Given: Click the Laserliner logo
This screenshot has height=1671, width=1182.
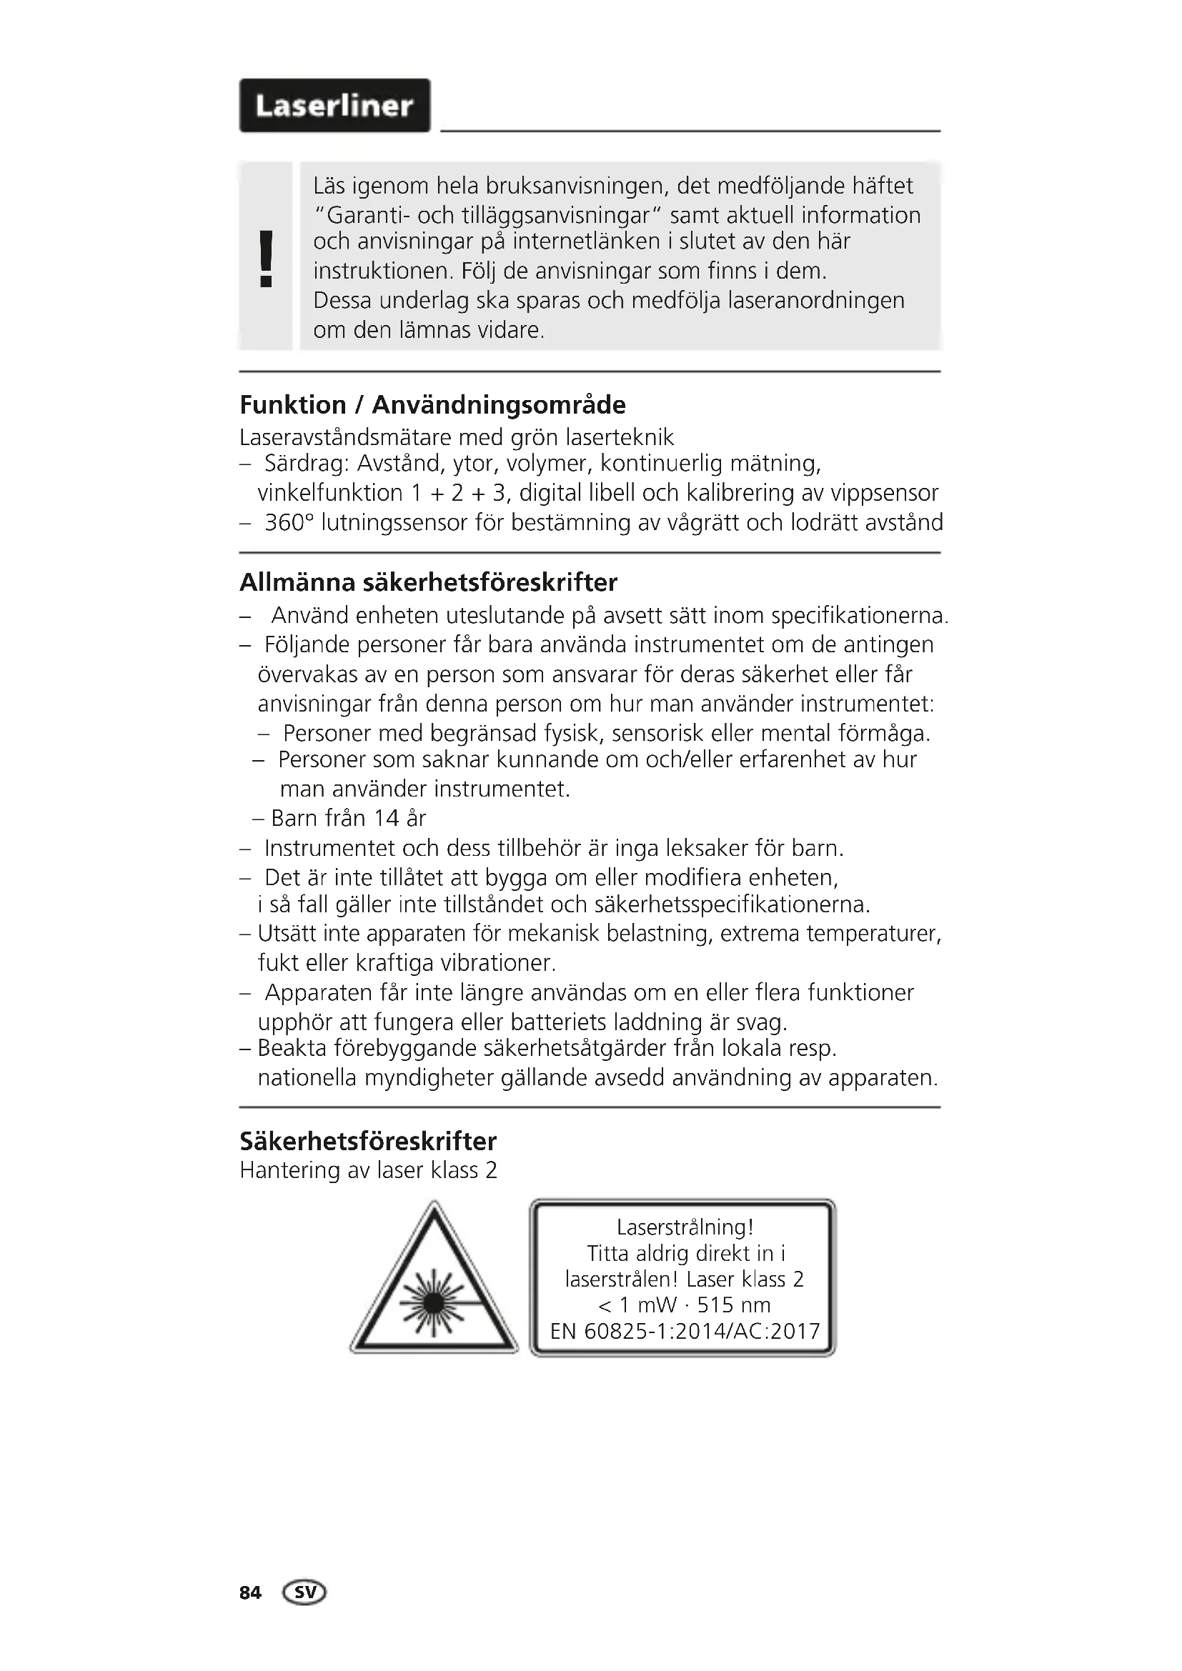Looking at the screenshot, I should coord(334,106).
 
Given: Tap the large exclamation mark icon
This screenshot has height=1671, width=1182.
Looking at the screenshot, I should coord(267,259).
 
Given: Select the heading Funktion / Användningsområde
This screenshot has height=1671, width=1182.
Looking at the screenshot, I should coord(432,404).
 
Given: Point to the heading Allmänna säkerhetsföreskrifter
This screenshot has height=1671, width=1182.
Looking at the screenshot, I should coord(428,582).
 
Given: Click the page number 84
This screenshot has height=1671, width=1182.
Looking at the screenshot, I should coord(250,1593).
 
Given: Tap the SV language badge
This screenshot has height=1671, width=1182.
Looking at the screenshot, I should coord(306,1593).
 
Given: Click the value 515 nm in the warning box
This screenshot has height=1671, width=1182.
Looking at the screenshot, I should coord(733,1305).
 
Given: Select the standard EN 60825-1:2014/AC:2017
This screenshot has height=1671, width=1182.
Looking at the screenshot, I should coord(685,1331).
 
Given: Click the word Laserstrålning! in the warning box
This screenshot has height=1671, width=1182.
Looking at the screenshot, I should coord(685,1227).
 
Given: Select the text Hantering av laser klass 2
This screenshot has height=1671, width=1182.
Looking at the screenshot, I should coord(368,1170).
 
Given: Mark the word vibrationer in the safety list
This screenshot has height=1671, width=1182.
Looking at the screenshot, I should coord(502,963).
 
